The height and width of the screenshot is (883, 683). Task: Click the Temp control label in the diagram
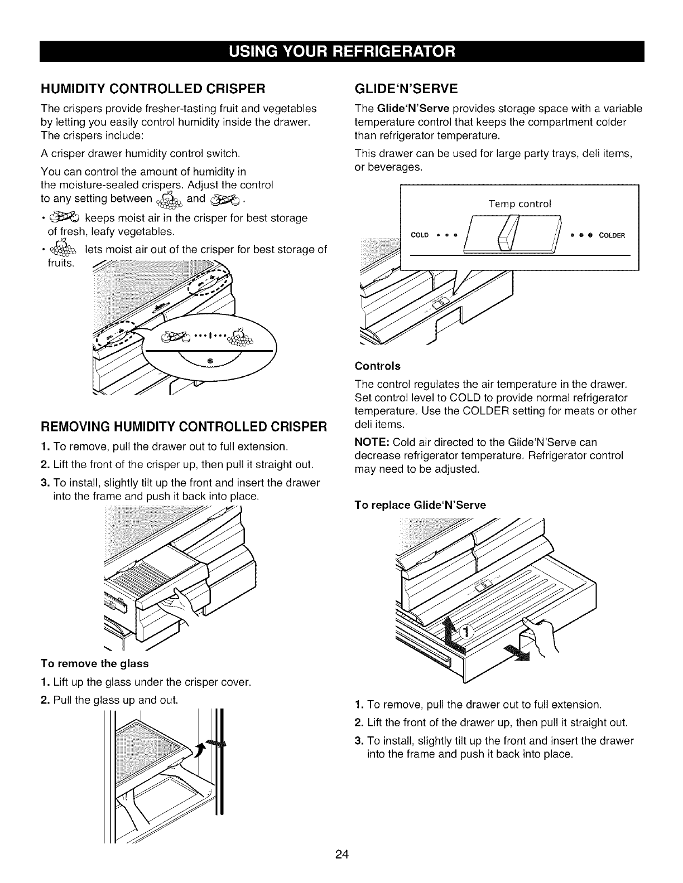(x=520, y=204)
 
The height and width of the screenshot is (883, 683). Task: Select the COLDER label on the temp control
(x=612, y=235)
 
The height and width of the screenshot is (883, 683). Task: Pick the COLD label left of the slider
(x=420, y=235)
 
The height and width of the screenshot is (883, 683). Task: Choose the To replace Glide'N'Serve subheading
(x=420, y=505)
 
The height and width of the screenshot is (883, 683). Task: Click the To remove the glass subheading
(x=94, y=663)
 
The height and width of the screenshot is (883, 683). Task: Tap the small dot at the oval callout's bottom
(x=210, y=361)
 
